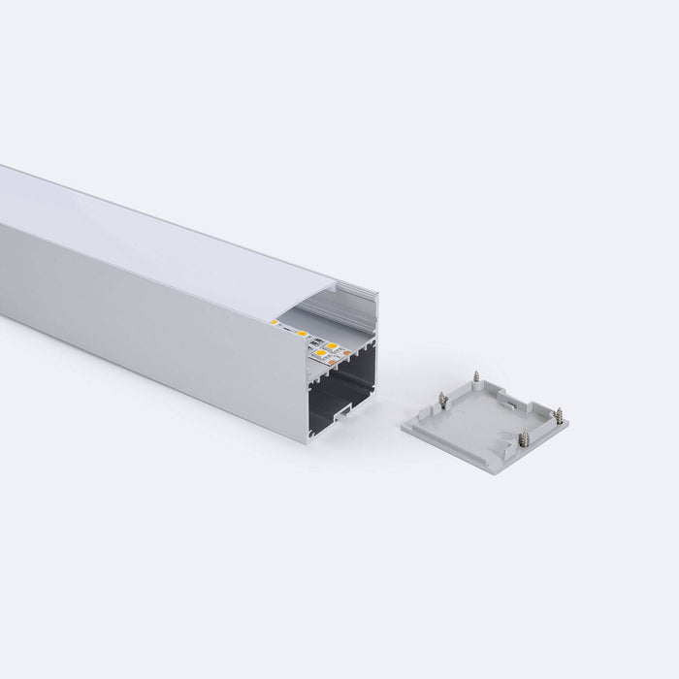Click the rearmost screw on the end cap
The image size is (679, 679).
(x=475, y=373)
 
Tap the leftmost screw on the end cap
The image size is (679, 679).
(x=442, y=399)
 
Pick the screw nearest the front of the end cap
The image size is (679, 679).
(x=524, y=437)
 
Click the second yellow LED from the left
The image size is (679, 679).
(x=304, y=335)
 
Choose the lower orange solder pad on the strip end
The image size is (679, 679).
(x=335, y=364)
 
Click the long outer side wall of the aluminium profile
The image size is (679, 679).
(x=145, y=310)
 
